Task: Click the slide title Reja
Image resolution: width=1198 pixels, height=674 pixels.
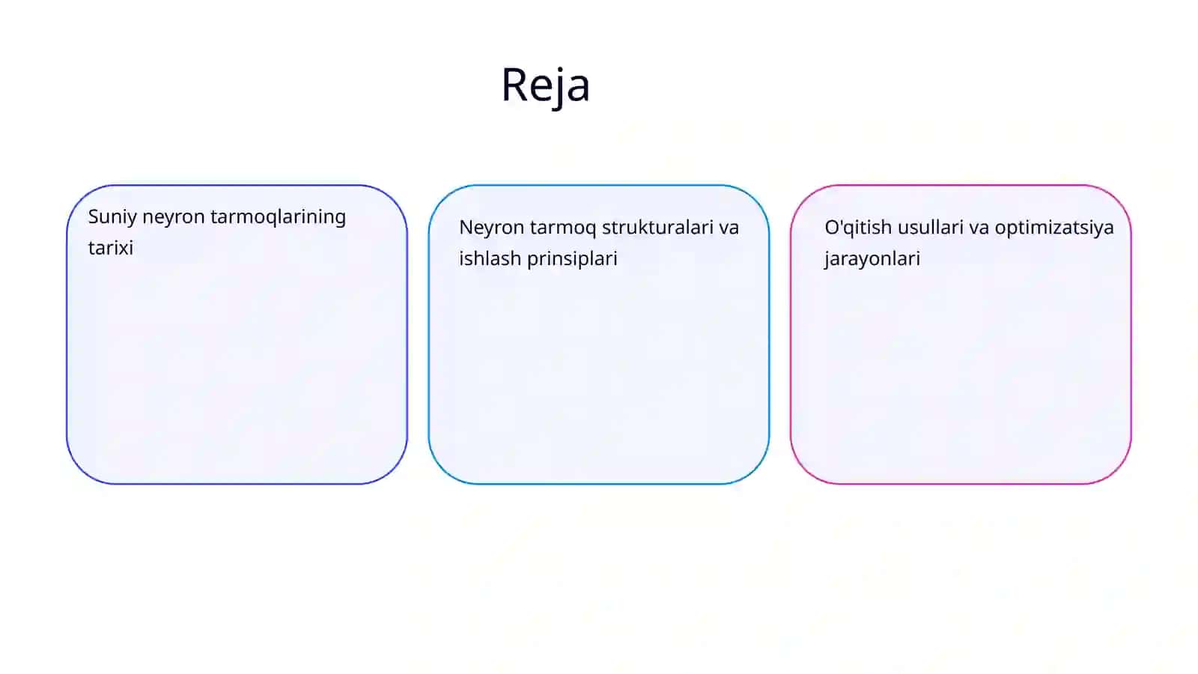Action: click(546, 85)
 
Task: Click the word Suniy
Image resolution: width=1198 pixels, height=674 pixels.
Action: click(112, 217)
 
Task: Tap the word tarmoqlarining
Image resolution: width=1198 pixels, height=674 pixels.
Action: click(278, 217)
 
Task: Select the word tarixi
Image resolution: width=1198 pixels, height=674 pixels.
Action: click(111, 248)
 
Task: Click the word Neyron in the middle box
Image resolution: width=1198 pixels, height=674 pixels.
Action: click(491, 228)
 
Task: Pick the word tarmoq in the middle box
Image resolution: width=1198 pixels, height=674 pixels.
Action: click(563, 228)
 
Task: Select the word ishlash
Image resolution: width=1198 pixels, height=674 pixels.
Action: click(490, 258)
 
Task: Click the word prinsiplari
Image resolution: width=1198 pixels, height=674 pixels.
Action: click(572, 259)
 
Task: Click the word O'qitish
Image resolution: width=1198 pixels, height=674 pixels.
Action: click(858, 228)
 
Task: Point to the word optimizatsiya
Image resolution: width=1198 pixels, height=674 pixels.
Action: click(1054, 228)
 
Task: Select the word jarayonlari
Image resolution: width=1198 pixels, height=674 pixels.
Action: click(872, 259)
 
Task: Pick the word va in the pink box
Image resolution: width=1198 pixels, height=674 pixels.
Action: click(979, 228)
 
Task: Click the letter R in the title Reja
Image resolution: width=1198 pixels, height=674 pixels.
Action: click(514, 85)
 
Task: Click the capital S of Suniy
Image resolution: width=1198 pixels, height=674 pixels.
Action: click(94, 216)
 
